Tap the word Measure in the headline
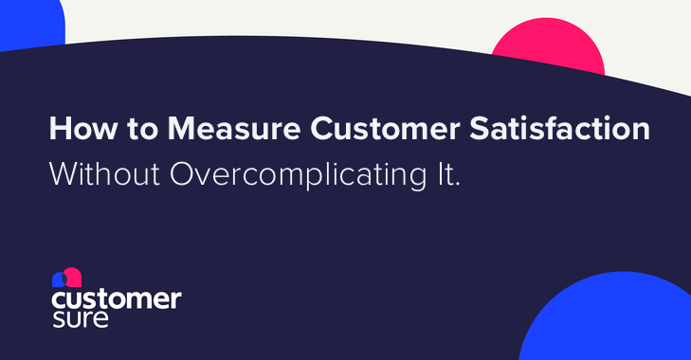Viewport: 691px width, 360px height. [199, 130]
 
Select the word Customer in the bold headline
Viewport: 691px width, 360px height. [354, 130]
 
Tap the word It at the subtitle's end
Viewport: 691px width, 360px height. [446, 176]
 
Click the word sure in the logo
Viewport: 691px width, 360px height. [81, 318]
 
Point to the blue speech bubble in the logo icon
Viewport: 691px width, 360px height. [59, 279]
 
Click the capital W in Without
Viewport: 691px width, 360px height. [63, 176]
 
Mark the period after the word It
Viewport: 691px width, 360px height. [458, 185]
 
